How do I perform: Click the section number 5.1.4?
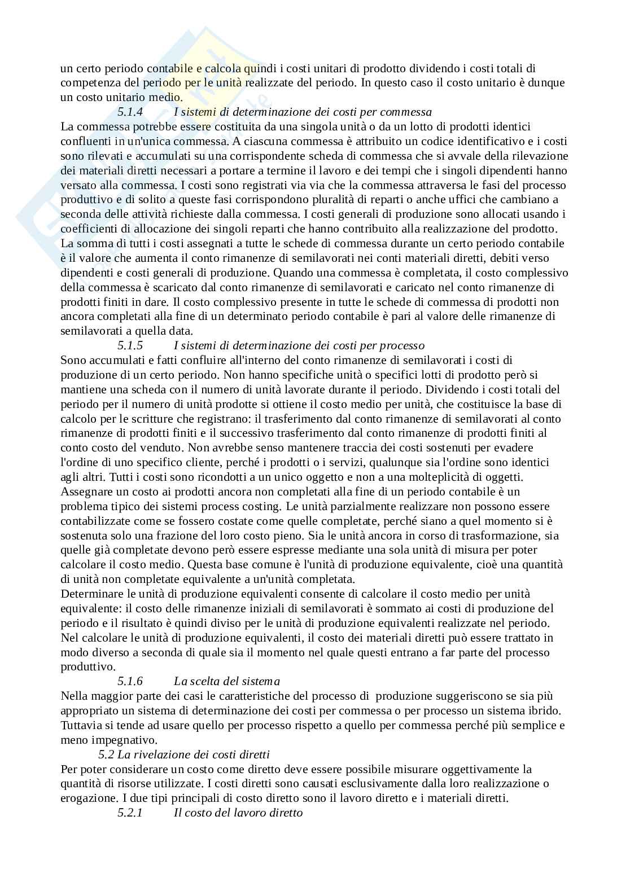[130, 112]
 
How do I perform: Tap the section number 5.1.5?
[130, 345]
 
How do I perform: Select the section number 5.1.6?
[130, 682]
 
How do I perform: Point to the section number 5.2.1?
[130, 813]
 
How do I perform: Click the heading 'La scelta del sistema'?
[227, 682]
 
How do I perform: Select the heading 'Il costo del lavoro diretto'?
[238, 813]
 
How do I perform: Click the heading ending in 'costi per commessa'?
[303, 112]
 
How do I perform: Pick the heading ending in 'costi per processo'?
[299, 345]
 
